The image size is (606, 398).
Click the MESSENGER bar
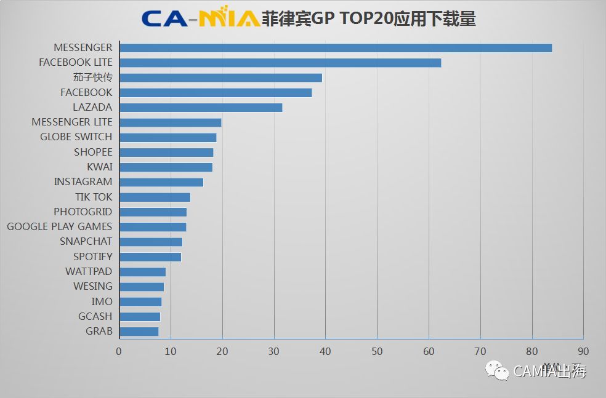point(336,48)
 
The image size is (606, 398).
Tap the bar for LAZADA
point(201,108)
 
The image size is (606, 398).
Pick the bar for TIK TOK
point(155,197)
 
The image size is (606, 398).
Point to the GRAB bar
point(139,332)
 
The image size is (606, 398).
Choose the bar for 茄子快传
point(220,78)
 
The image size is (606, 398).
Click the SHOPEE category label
point(93,152)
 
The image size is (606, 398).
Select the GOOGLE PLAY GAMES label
point(59,226)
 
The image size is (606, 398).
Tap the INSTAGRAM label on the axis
point(83,181)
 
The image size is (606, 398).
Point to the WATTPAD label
point(89,271)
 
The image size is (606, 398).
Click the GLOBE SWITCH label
point(76,137)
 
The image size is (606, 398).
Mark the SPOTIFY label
point(93,257)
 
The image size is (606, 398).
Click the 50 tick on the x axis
point(377,351)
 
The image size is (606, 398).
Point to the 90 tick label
point(583,351)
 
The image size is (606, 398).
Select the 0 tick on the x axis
point(119,351)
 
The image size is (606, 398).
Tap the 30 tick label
point(274,351)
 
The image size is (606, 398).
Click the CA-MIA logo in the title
point(201,18)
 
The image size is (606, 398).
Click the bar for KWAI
point(166,167)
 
